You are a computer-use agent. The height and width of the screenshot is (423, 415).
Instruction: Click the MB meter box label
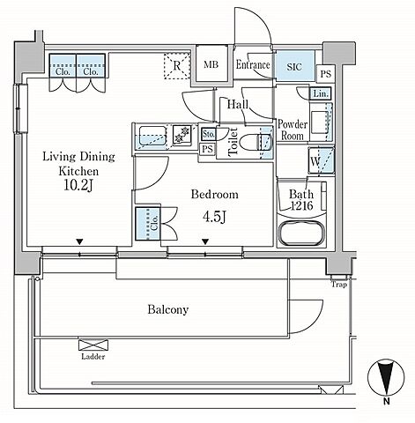pyautogui.click(x=211, y=64)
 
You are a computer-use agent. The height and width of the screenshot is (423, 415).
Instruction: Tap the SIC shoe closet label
pyautogui.click(x=294, y=67)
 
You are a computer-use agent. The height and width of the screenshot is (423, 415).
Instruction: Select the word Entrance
pyautogui.click(x=253, y=64)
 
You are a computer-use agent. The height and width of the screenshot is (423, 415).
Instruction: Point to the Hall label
pyautogui.click(x=238, y=104)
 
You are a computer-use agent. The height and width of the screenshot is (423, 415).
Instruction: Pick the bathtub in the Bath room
pyautogui.click(x=301, y=234)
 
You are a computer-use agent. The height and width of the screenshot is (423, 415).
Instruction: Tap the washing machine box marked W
pyautogui.click(x=322, y=160)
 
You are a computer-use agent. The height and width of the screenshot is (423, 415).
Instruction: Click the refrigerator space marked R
pyautogui.click(x=177, y=66)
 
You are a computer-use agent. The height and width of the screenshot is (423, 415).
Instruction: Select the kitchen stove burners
pyautogui.click(x=182, y=135)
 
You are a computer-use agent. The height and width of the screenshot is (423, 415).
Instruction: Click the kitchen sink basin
pyautogui.click(x=152, y=136)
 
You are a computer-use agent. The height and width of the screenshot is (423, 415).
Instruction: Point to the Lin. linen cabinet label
pyautogui.click(x=321, y=94)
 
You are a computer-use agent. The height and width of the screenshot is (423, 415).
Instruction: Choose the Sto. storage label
pyautogui.click(x=209, y=134)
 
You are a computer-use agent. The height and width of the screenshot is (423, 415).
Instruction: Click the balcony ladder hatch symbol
pyautogui.click(x=93, y=345)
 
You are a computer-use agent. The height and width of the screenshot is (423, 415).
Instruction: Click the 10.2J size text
pyautogui.click(x=78, y=185)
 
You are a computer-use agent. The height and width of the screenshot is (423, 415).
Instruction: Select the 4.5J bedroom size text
pyautogui.click(x=214, y=217)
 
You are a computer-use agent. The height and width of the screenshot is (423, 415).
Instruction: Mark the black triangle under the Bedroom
pyautogui.click(x=205, y=241)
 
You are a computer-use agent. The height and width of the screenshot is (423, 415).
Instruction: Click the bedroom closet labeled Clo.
pyautogui.click(x=148, y=224)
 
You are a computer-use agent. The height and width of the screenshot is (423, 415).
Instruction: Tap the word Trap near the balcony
pyautogui.click(x=339, y=285)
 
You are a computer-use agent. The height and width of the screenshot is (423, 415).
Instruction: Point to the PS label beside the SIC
pyautogui.click(x=326, y=74)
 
